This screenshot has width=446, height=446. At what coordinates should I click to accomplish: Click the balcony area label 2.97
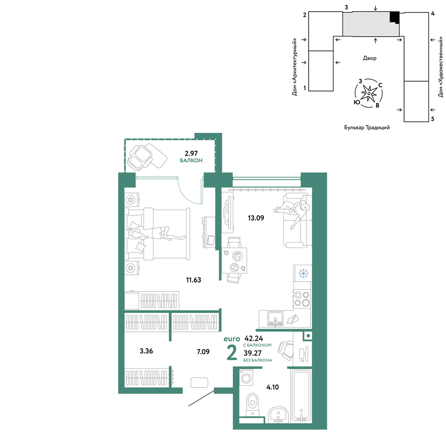191,153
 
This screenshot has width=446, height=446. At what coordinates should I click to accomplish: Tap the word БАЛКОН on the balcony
191,161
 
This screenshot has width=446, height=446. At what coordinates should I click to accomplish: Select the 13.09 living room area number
256,218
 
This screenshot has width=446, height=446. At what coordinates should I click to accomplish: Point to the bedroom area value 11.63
194,280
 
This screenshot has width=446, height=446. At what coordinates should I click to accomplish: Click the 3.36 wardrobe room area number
146,351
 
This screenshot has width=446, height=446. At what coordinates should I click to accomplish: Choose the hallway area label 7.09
203,352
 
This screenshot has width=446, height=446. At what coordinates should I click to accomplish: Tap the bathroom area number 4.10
273,387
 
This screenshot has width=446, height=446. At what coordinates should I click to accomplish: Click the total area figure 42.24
254,339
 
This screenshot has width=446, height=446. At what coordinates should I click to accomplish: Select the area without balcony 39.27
252,353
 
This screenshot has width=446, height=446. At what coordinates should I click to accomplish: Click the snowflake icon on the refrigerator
303,274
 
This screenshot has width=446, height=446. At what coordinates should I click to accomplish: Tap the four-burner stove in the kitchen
302,299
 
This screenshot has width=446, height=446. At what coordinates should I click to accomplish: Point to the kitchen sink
275,319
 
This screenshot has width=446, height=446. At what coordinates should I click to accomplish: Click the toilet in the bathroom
252,404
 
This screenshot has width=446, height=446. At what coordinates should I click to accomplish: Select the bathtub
301,396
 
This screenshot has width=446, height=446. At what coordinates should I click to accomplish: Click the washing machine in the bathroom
246,378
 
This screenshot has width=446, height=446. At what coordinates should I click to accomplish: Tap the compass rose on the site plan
369,93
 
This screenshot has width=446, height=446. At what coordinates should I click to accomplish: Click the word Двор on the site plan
369,58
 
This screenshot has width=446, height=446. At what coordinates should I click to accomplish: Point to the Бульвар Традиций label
367,128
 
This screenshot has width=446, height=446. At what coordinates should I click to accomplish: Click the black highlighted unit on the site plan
395,17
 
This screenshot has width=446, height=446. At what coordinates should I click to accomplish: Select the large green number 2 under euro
232,352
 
